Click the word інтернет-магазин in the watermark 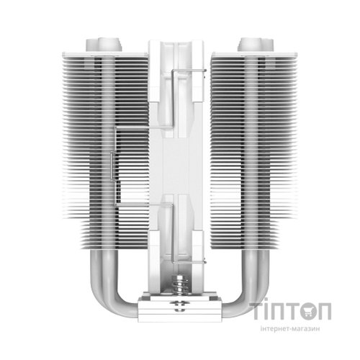[299, 333]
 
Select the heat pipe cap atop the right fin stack [249, 37]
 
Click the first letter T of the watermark [261, 311]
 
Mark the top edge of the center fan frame [179, 42]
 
